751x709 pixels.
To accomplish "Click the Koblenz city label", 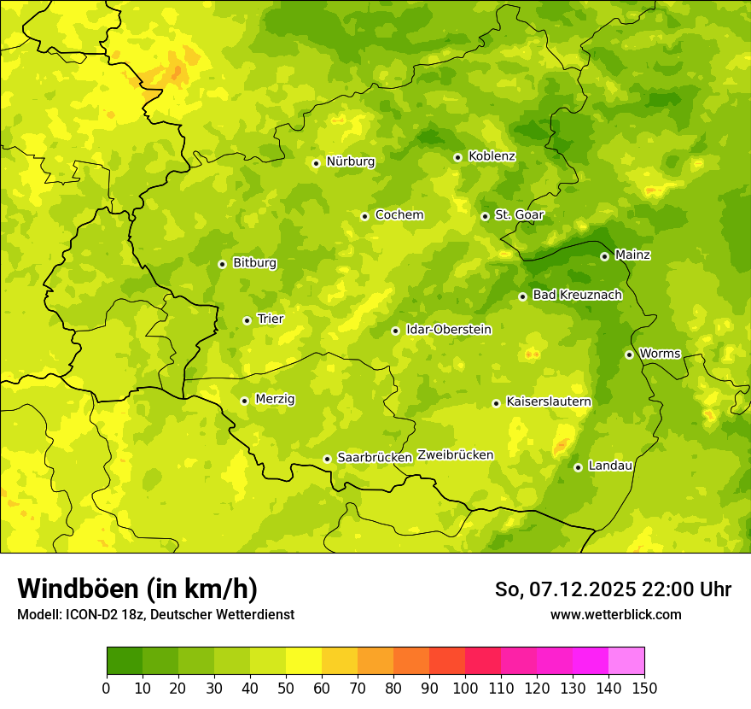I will [492, 156].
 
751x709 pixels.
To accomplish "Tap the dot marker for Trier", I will [247, 320].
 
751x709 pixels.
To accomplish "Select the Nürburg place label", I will [350, 161].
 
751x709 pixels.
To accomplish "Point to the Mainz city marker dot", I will [604, 256].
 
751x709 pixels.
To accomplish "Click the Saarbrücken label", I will [375, 458].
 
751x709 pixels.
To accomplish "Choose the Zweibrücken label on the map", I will [456, 455].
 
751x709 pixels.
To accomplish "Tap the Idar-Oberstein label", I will [449, 330].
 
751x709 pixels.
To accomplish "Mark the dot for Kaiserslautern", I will [496, 403].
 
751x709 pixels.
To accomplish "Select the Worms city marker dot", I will [629, 354].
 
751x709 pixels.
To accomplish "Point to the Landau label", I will [610, 466].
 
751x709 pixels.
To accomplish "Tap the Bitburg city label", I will [254, 263].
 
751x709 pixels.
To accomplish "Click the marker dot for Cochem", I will [364, 216].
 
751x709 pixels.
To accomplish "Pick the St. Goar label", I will [519, 215].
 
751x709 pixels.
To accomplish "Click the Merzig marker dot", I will [244, 401].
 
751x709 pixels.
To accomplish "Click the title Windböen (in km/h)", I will [137, 589].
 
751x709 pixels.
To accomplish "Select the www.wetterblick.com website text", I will [615, 614].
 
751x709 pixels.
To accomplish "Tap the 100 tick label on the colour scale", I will [465, 688].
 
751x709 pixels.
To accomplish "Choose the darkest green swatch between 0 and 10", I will [125, 661].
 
